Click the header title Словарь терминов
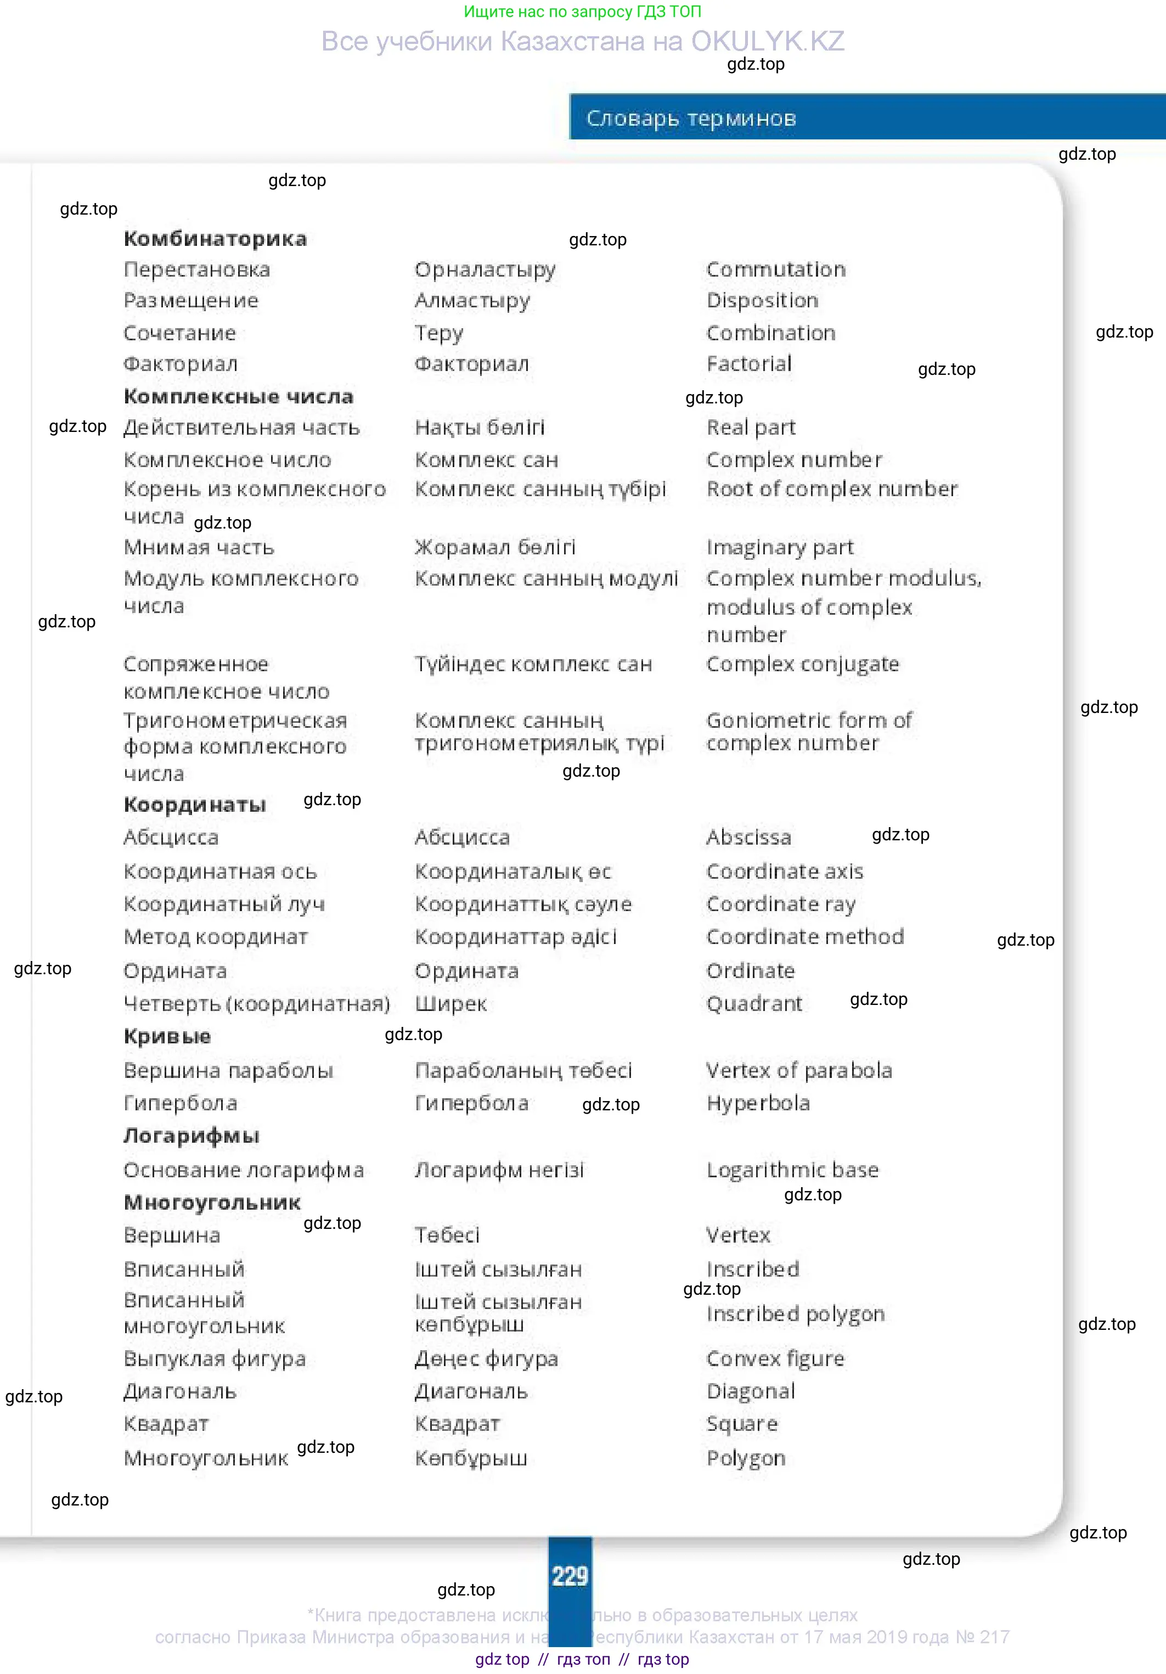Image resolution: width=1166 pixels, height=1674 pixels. [690, 118]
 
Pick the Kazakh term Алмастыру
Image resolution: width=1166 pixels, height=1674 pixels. [472, 300]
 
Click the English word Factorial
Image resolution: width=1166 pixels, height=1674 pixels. [748, 363]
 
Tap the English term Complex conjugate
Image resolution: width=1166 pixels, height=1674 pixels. [802, 664]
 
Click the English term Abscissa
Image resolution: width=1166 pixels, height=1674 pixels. [748, 837]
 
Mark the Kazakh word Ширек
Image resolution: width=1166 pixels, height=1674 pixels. [450, 1004]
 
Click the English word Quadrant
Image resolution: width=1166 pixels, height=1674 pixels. [754, 1004]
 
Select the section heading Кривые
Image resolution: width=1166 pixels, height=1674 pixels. [167, 1036]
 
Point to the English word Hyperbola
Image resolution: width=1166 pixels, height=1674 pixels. [758, 1103]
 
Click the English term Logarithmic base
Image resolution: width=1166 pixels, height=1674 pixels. [792, 1170]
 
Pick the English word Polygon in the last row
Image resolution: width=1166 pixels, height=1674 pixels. [746, 1458]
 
